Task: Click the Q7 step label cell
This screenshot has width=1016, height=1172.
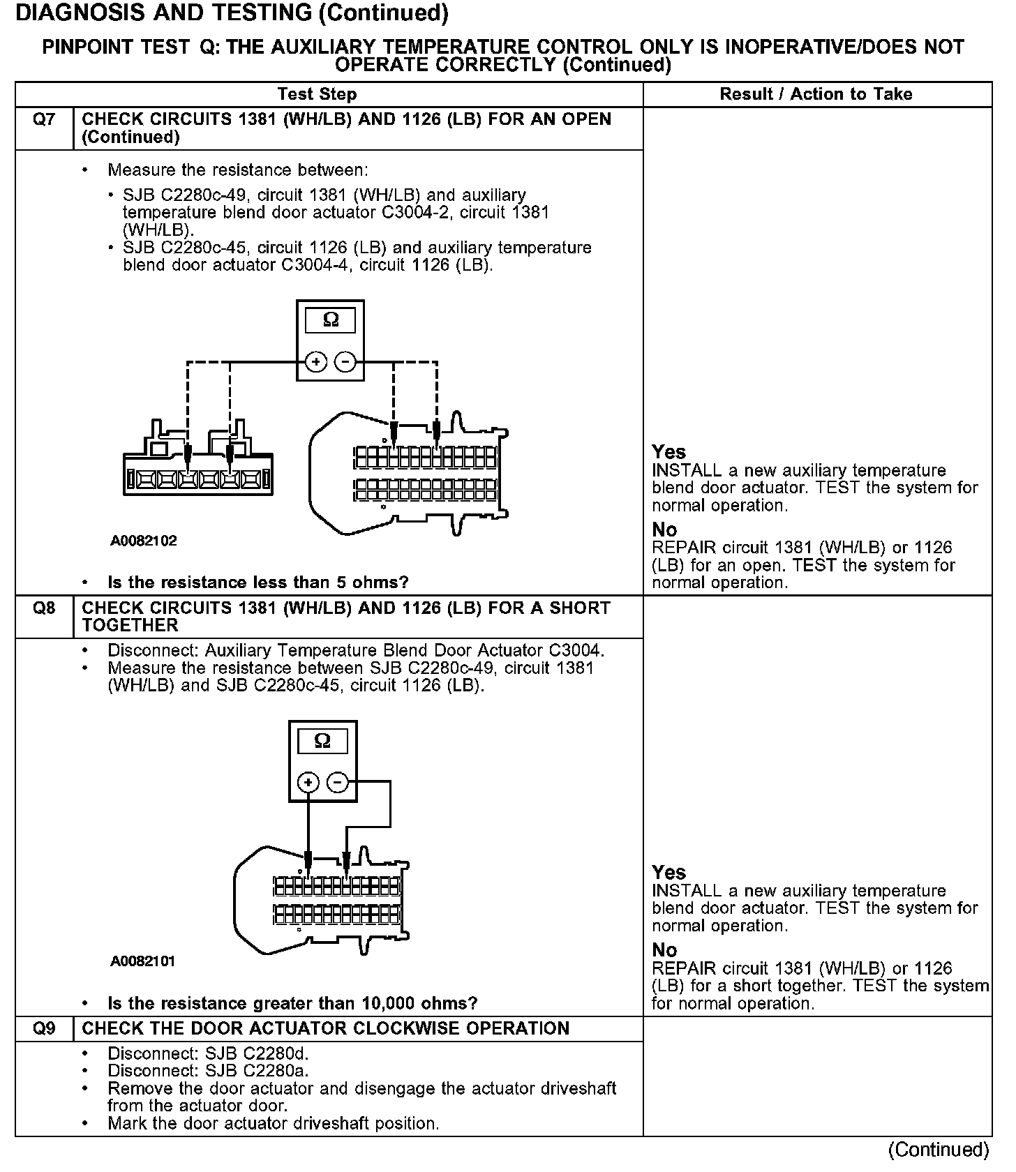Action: (44, 120)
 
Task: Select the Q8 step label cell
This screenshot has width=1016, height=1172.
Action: (44, 609)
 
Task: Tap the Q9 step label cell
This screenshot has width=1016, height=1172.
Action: (44, 1029)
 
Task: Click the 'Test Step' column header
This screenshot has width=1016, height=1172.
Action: (317, 94)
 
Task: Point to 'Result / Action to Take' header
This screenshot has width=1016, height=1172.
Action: (816, 94)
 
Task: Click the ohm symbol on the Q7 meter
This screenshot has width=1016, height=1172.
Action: (331, 320)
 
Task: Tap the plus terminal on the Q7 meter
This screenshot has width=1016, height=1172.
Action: (315, 362)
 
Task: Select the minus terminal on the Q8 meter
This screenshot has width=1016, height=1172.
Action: (337, 783)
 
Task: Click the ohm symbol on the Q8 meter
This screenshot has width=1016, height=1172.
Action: (322, 741)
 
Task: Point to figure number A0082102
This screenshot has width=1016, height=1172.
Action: (144, 541)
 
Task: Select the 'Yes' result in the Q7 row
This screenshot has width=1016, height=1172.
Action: (668, 452)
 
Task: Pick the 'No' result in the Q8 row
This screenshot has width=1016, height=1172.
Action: (664, 950)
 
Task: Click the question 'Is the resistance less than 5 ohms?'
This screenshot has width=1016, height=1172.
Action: (257, 583)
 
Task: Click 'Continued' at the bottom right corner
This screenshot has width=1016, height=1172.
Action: (939, 1150)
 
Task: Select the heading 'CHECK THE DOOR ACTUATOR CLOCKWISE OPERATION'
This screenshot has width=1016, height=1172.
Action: (325, 1029)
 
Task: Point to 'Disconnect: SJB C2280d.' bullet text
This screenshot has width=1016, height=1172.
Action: (208, 1053)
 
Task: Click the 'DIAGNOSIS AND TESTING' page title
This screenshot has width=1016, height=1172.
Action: (231, 13)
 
